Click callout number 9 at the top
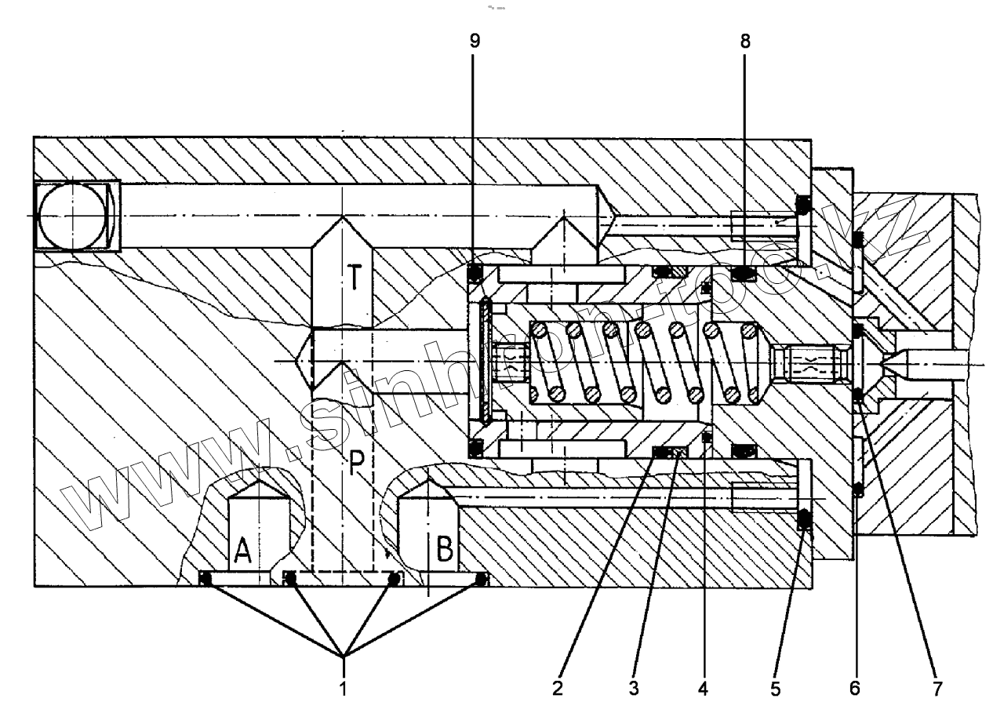(475, 41)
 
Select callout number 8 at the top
(744, 41)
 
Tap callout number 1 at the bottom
(343, 689)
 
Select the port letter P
(357, 466)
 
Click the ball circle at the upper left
(72, 216)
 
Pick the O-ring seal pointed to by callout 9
(475, 272)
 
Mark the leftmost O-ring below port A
(206, 579)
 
